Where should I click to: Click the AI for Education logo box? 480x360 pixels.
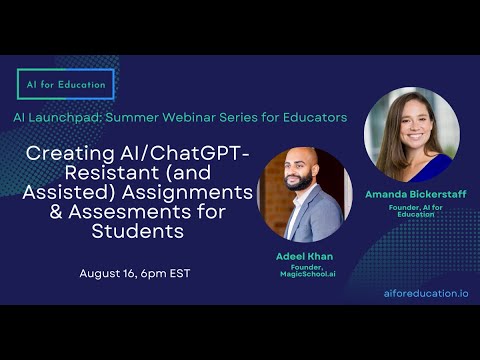tap(65, 84)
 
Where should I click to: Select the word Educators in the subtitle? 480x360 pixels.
tap(310, 118)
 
